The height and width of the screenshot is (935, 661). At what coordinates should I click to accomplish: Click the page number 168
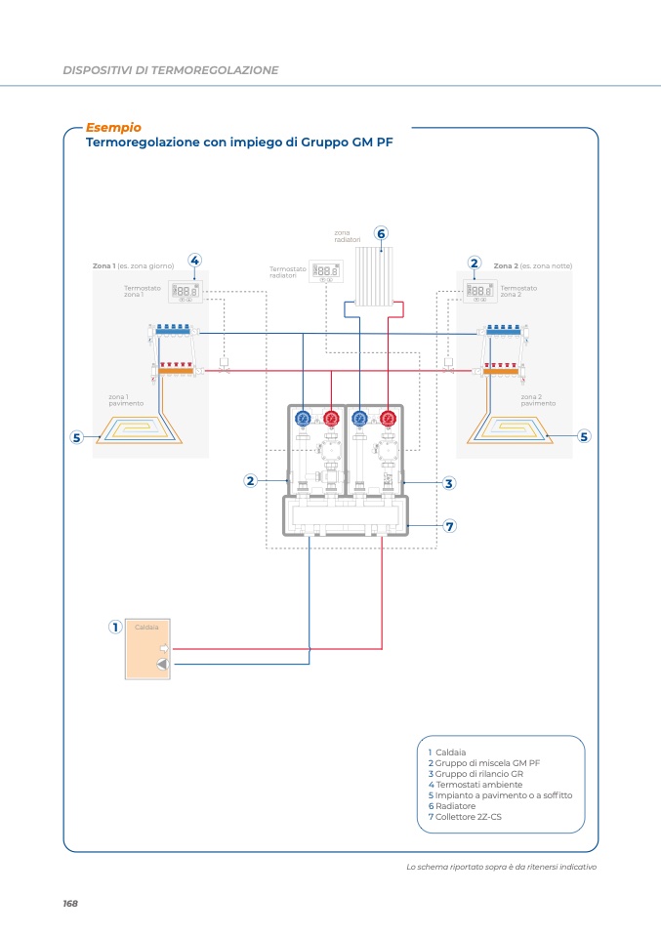pos(70,903)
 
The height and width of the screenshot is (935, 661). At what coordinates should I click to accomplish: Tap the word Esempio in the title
pos(113,127)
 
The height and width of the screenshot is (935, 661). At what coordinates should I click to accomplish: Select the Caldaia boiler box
pos(147,649)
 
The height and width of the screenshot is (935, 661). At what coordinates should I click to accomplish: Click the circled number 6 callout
pos(381,233)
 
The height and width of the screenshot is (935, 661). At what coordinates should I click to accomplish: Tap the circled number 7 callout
pos(450,525)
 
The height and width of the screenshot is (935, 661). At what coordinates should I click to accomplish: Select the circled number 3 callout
pos(448,482)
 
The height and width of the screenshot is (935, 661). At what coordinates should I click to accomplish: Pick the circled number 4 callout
pos(194,260)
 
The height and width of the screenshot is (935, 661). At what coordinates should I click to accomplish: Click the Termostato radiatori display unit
pos(326,271)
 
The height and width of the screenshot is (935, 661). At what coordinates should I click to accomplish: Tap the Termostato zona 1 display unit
pos(185,291)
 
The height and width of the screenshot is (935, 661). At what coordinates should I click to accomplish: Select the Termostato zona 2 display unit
pos(478,290)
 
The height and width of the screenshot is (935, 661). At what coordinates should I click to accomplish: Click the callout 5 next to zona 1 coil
pos(76,437)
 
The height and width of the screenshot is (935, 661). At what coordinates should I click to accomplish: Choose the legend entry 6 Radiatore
pos(452,806)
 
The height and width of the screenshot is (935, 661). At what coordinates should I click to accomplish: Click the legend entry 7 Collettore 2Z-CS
pos(465,817)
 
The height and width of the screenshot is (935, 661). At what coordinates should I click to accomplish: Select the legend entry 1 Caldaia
pos(446,752)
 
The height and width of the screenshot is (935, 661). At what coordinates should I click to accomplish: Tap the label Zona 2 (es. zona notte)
pos(532,265)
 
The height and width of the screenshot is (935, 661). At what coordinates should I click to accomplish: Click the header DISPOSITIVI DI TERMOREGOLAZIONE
pos(171,70)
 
